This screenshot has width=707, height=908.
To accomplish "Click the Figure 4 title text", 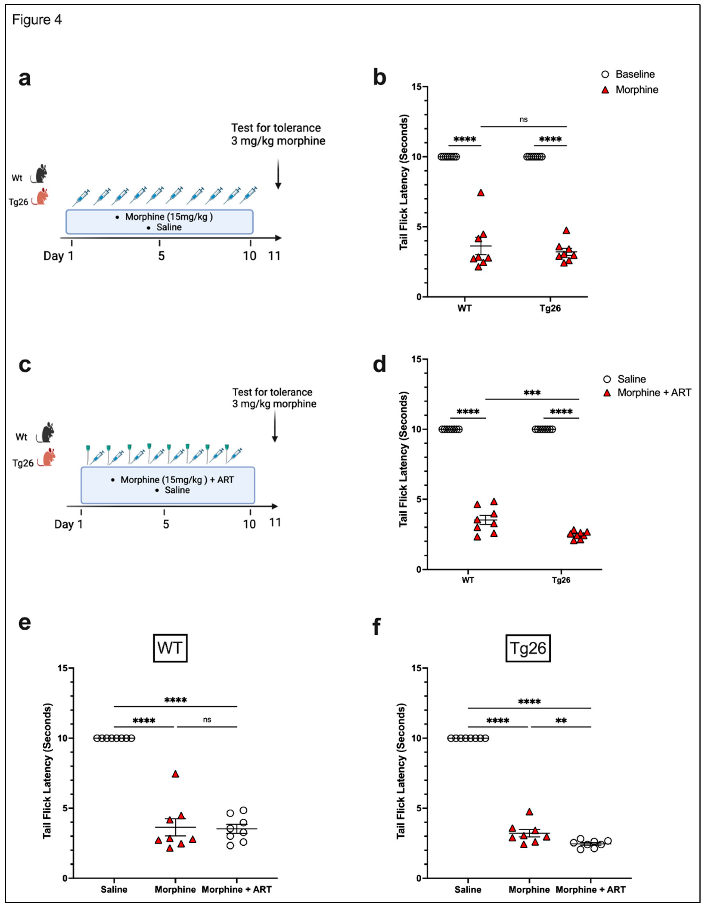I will pos(37,20).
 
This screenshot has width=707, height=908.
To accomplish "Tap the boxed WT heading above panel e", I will pos(170,648).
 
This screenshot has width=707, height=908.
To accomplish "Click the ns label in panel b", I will pos(523,119).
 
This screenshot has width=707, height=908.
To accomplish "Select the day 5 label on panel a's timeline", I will pos(161,256).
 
